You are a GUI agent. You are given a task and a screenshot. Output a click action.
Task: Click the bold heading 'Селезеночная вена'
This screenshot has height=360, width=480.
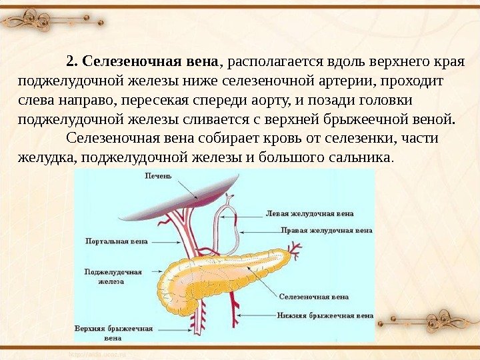coord(151,63)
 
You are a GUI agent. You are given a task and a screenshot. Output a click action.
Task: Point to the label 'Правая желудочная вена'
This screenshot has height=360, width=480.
coord(326,230)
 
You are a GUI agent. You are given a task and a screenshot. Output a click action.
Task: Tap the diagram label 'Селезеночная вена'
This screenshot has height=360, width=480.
coord(314,296)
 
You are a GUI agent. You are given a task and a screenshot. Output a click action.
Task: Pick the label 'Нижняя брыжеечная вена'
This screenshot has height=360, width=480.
coord(326,315)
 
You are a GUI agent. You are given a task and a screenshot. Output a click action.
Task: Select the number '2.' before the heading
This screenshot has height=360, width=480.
coord(73,63)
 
